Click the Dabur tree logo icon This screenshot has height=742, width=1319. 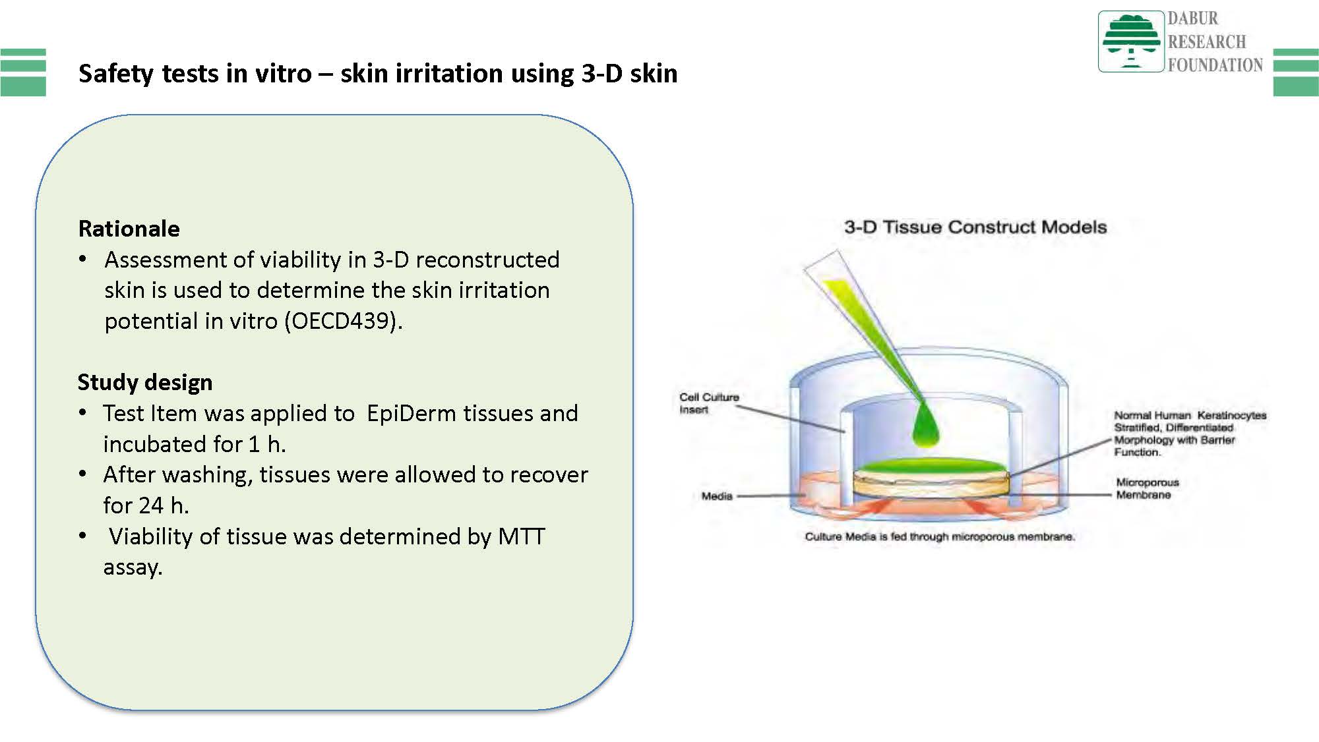pyautogui.click(x=1131, y=41)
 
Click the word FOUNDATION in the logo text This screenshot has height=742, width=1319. pyautogui.click(x=1215, y=65)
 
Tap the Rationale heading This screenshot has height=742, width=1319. pyautogui.click(x=129, y=229)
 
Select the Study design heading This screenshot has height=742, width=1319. pyautogui.click(x=145, y=382)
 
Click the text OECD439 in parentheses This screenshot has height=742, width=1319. pyautogui.click(x=343, y=321)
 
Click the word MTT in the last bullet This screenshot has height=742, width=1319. pyautogui.click(x=522, y=536)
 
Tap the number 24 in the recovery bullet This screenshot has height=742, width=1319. pyautogui.click(x=151, y=505)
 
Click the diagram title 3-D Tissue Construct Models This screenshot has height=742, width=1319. pyautogui.click(x=975, y=227)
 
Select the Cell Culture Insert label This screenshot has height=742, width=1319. pyautogui.click(x=709, y=403)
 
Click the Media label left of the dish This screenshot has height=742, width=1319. pyautogui.click(x=717, y=496)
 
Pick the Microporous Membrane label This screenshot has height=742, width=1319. pyautogui.click(x=1147, y=488)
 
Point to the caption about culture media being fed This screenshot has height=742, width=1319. pyautogui.click(x=940, y=536)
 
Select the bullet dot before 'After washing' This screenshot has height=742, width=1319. pyautogui.click(x=82, y=474)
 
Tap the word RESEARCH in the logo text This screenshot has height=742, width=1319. pyautogui.click(x=1207, y=42)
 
